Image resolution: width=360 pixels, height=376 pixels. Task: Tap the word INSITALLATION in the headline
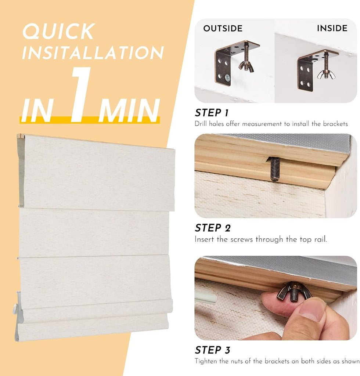(x=93, y=53)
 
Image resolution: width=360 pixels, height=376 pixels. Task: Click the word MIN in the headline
(x=129, y=111)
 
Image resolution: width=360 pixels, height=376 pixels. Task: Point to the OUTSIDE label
(x=223, y=28)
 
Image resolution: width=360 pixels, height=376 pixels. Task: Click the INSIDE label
(x=332, y=28)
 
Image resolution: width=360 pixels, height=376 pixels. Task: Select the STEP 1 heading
(x=212, y=113)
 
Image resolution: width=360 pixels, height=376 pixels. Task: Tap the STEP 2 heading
(x=213, y=228)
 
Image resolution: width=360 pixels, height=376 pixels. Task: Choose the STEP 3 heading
(x=213, y=350)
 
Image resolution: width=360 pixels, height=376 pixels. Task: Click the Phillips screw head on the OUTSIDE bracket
(x=227, y=77)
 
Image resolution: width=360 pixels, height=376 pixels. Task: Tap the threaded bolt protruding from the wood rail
(x=274, y=169)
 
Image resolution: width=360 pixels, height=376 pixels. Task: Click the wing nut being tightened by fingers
(x=293, y=291)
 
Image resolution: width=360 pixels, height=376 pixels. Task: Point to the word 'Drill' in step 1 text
(x=201, y=124)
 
